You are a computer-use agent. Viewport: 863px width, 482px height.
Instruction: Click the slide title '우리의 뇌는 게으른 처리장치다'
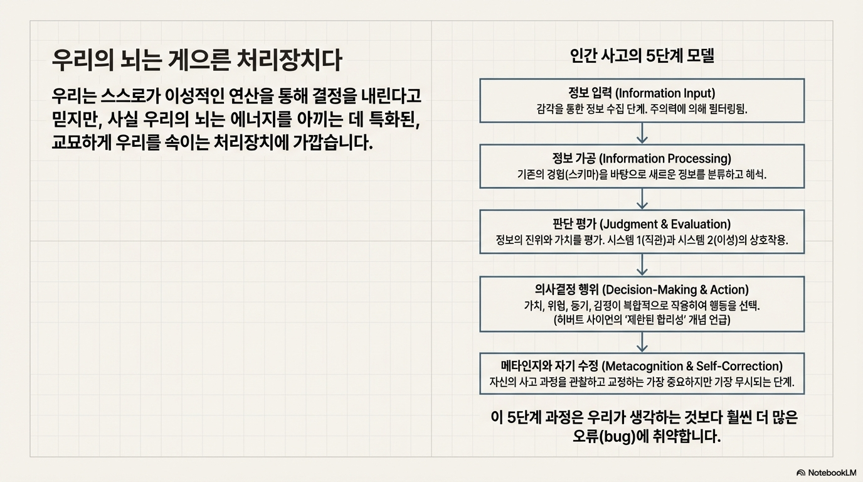tap(197, 62)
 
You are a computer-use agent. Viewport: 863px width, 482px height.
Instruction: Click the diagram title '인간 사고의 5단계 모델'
tap(642, 56)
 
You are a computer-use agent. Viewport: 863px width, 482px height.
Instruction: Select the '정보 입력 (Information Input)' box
tap(642, 100)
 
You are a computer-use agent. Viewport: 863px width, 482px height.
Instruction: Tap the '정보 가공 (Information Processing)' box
tap(642, 166)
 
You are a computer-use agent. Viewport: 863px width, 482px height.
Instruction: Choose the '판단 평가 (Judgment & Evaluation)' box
tap(642, 232)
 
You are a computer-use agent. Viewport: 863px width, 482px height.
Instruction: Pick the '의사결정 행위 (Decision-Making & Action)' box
tap(642, 304)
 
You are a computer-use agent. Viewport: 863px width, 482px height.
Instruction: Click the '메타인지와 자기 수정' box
tap(642, 373)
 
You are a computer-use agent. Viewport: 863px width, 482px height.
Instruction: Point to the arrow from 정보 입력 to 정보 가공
tap(642, 133)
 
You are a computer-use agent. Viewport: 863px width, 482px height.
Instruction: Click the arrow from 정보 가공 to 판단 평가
tap(642, 198)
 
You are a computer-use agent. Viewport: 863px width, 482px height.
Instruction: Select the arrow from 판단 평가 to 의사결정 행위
tap(642, 264)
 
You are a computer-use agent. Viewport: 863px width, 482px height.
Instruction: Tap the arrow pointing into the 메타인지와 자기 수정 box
tap(642, 342)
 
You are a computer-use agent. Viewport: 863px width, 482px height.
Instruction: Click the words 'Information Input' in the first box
tap(665, 94)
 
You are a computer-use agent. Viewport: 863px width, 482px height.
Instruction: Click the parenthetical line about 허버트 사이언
tap(642, 319)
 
